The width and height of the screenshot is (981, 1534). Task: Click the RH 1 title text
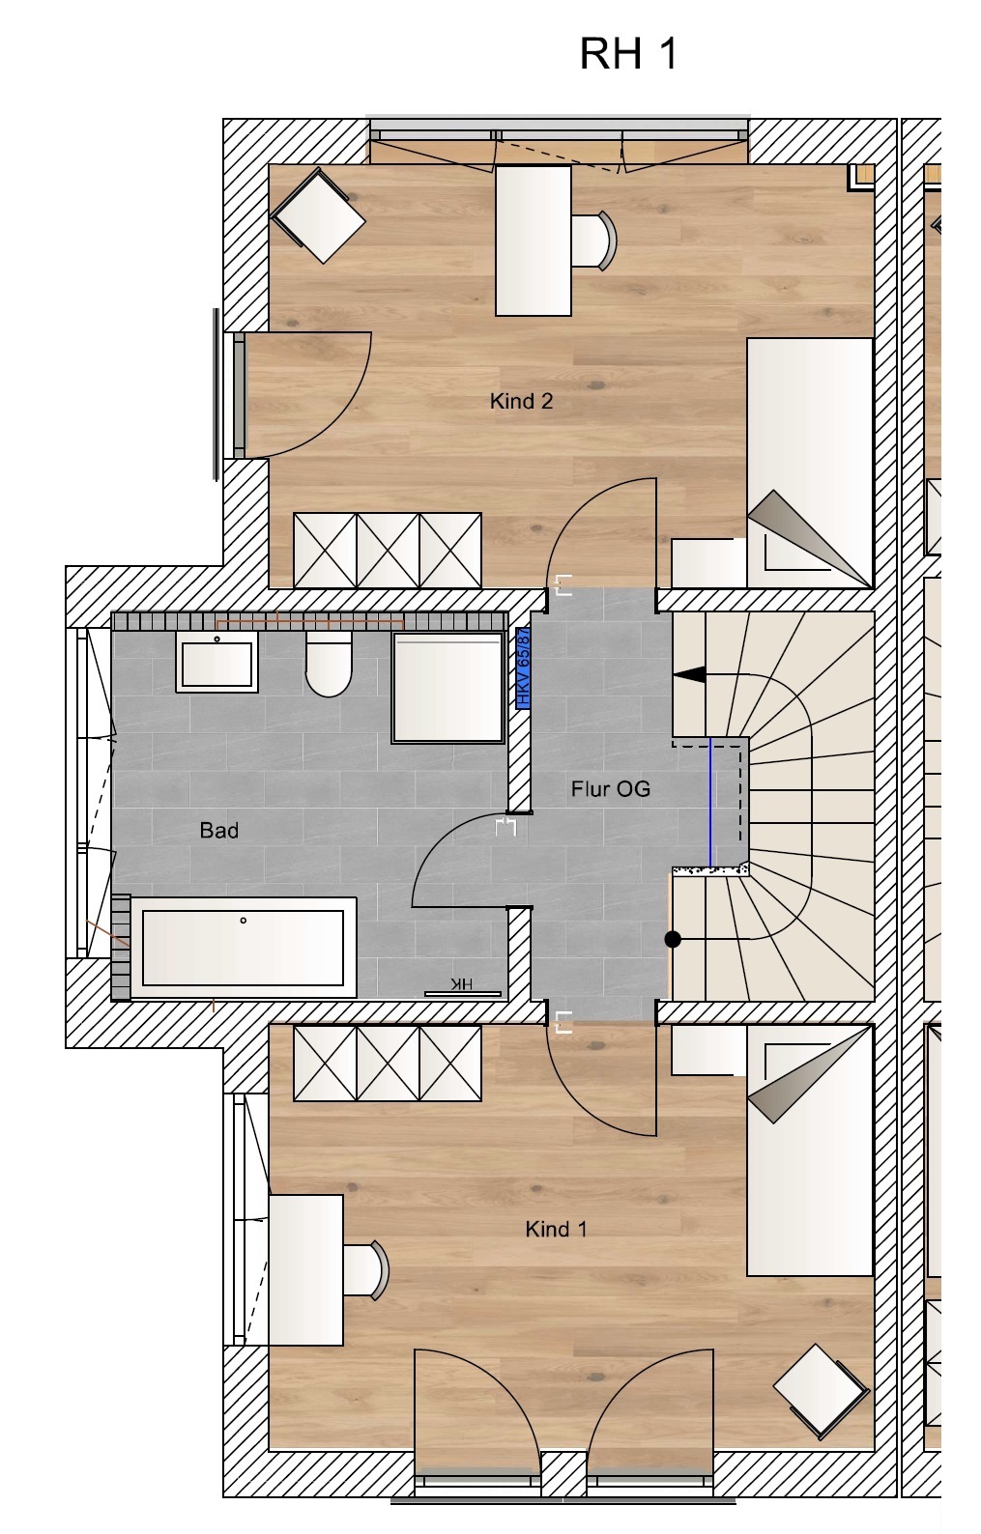(x=628, y=53)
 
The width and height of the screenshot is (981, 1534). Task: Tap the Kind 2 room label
(x=521, y=401)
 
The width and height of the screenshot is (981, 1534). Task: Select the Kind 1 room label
(x=557, y=1230)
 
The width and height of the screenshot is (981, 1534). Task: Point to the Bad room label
(x=219, y=831)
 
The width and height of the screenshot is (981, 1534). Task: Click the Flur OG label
(x=611, y=789)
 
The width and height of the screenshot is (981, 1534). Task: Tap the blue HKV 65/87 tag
(x=523, y=668)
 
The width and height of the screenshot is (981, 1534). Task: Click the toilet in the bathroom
(x=329, y=664)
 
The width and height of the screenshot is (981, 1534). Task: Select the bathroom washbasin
(x=216, y=662)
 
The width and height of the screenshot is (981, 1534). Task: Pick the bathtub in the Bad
(x=244, y=947)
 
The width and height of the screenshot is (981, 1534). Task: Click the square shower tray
(x=448, y=688)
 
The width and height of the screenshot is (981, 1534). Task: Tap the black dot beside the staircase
(x=673, y=940)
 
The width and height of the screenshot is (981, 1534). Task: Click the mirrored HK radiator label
(x=462, y=984)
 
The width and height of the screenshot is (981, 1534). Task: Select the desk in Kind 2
(x=533, y=241)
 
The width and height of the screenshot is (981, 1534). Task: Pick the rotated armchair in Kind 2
(x=319, y=216)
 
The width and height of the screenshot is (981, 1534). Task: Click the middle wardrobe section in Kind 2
(x=388, y=551)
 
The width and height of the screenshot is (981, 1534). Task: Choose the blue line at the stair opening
(x=710, y=802)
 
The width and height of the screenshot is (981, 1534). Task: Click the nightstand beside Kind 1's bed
(x=708, y=1049)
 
